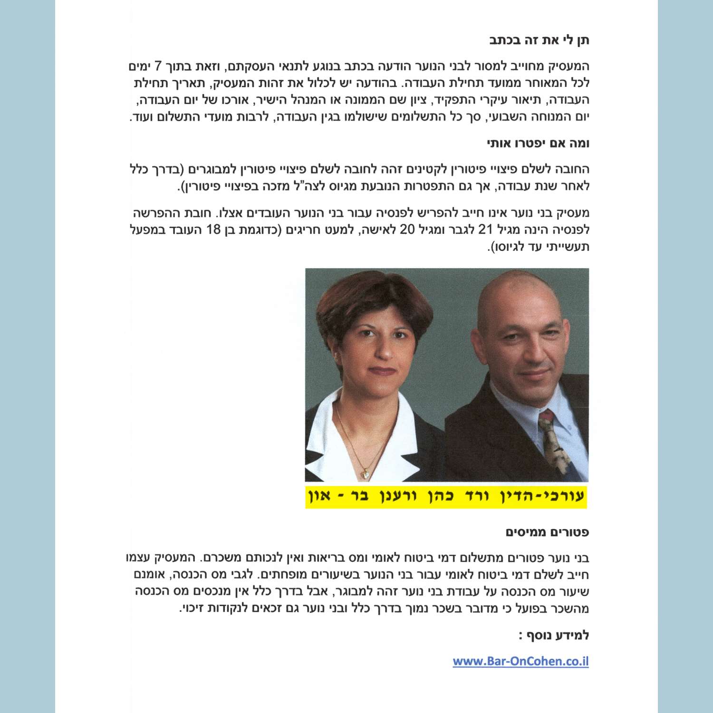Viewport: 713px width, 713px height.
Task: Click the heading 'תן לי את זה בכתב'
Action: point(539,40)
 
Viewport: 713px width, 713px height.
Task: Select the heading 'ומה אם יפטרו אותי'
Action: point(538,143)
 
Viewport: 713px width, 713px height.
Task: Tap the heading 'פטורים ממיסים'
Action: point(547,532)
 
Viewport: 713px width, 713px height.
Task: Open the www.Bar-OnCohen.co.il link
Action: point(520,661)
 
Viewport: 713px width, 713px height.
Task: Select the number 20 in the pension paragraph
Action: point(407,230)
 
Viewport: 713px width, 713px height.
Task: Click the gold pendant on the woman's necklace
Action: point(365,473)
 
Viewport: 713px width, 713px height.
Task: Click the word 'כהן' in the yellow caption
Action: point(439,497)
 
